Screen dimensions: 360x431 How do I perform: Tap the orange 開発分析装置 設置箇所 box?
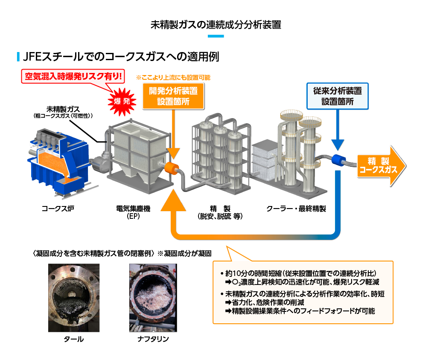coord(173,96)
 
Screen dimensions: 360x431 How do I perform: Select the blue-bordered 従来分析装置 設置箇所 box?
coord(338,96)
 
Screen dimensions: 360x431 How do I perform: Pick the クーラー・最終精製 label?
coord(296,209)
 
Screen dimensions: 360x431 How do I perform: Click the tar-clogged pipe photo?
coord(73,297)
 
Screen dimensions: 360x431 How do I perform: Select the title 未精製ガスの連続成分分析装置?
coord(216,24)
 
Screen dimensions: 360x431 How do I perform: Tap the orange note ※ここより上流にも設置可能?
coord(173,78)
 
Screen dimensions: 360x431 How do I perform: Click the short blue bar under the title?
coord(215,36)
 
